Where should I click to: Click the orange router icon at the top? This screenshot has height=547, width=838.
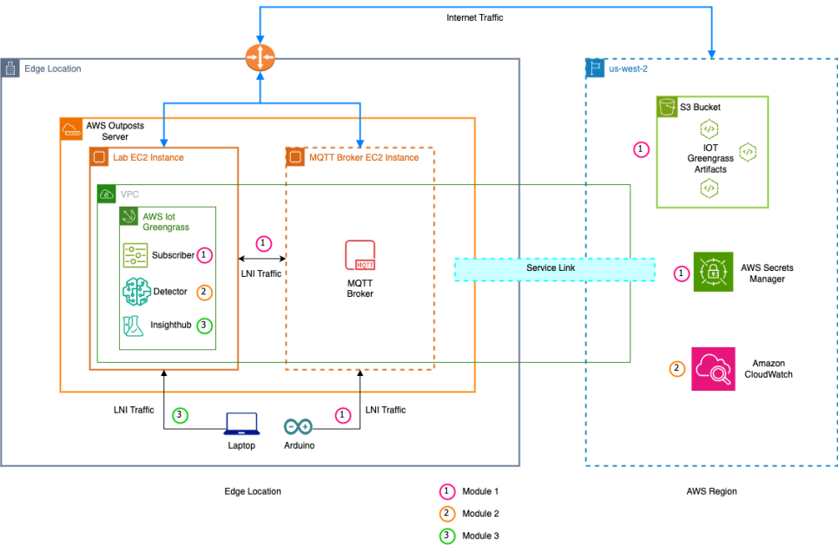pos(261,57)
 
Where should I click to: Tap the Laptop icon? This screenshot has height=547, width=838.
pos(242,424)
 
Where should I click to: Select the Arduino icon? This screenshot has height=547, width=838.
pos(298,427)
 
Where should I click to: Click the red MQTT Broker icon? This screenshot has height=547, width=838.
pos(360,255)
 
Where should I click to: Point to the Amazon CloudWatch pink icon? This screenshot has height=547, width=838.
pos(713,369)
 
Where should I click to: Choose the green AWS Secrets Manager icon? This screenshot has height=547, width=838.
pos(713,272)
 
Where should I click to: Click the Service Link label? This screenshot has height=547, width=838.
pos(551,267)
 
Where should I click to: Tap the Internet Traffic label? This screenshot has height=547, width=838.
pos(475,17)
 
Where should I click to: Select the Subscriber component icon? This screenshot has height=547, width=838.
pos(135,255)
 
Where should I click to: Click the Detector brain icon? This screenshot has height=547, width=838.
pos(136,292)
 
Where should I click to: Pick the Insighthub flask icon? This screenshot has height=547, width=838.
pos(133,326)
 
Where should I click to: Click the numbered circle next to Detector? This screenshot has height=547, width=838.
pos(203,293)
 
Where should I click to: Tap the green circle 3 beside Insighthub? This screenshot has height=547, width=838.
pos(204,326)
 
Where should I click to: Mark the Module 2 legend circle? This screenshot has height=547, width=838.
pos(447,514)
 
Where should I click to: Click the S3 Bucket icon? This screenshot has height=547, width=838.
pos(667,107)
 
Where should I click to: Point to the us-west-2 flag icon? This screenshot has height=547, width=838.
pos(596,68)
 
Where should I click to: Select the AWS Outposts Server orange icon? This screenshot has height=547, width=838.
pos(71,129)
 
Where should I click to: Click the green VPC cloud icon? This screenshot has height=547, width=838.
pos(106,194)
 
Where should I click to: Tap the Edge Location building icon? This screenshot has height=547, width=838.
pos(10,69)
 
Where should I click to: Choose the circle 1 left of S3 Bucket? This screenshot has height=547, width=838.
pos(641,149)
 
